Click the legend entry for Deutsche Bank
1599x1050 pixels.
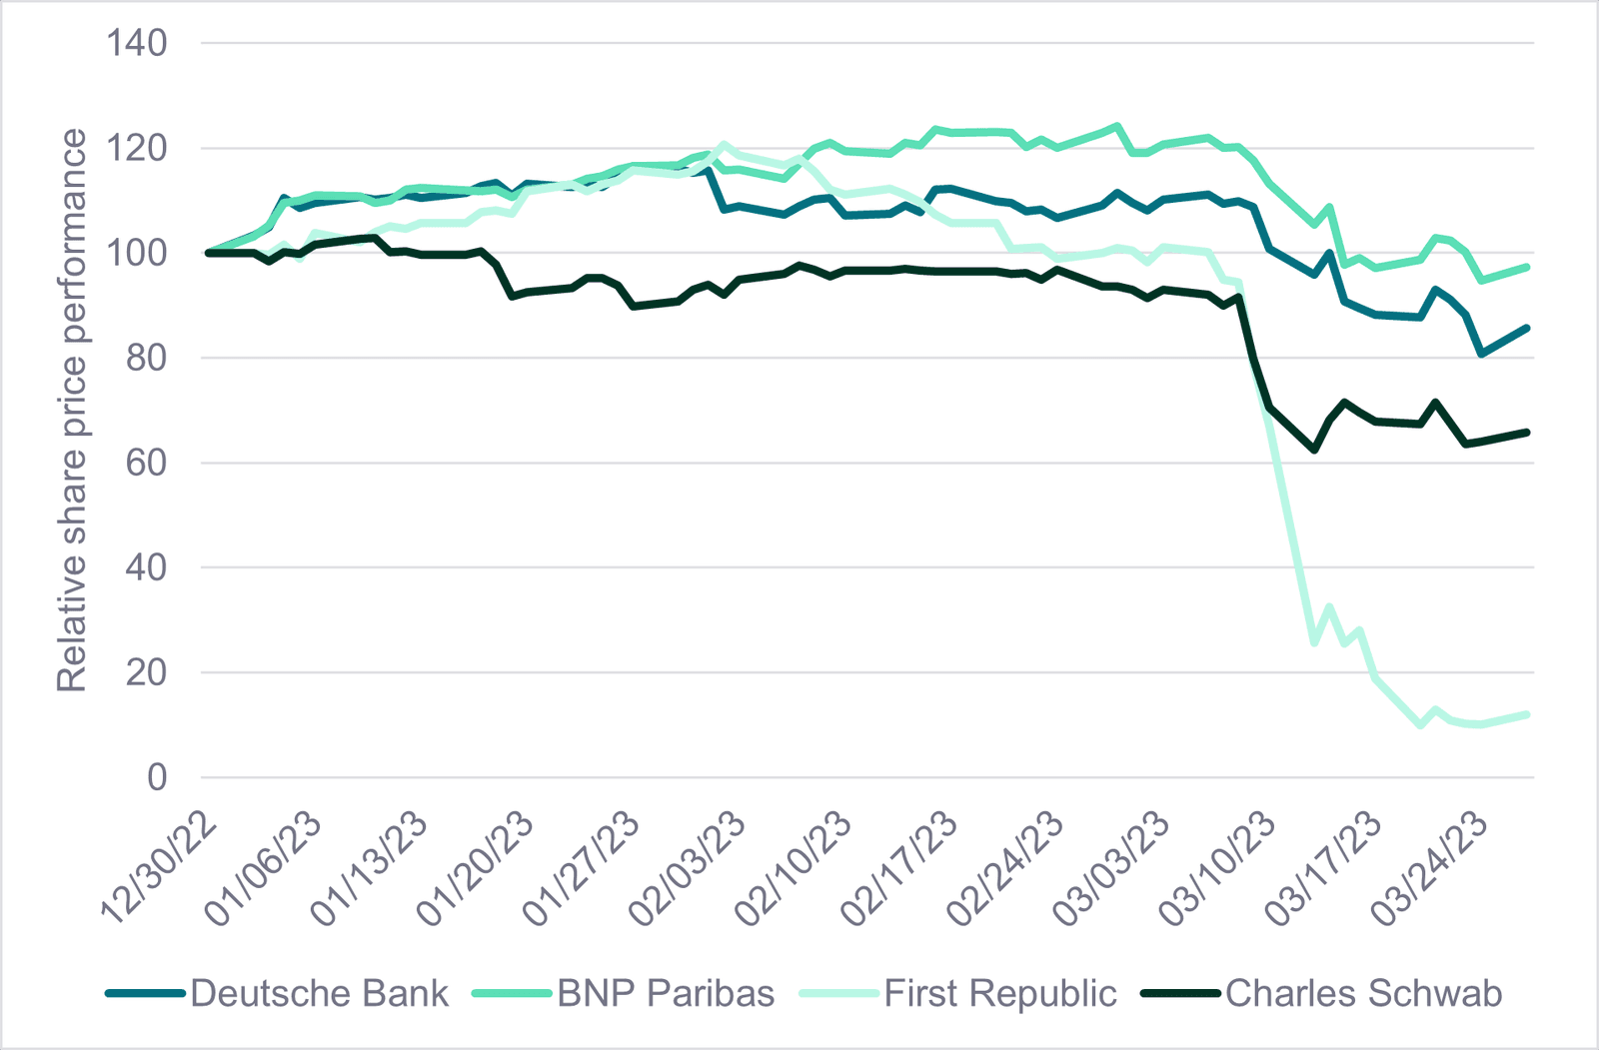pos(277,993)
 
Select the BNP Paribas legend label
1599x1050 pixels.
pos(624,993)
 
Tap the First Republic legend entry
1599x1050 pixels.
pos(958,993)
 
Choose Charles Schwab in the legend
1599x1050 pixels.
pos(1322,993)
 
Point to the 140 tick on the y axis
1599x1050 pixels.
pos(136,43)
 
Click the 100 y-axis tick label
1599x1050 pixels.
pos(136,253)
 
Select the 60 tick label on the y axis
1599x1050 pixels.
pos(146,463)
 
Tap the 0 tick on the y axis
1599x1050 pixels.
pos(157,777)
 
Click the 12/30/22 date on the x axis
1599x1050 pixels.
pos(159,868)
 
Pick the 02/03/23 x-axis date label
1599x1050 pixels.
pos(688,868)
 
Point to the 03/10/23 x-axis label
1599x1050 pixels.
pos(1216,868)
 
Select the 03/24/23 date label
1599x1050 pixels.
pos(1428,868)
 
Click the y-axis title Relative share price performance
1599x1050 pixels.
pos(71,411)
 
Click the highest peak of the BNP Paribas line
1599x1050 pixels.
pos(1117,126)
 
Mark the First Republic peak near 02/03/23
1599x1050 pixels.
pos(724,144)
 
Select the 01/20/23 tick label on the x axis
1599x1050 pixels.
pos(476,868)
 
